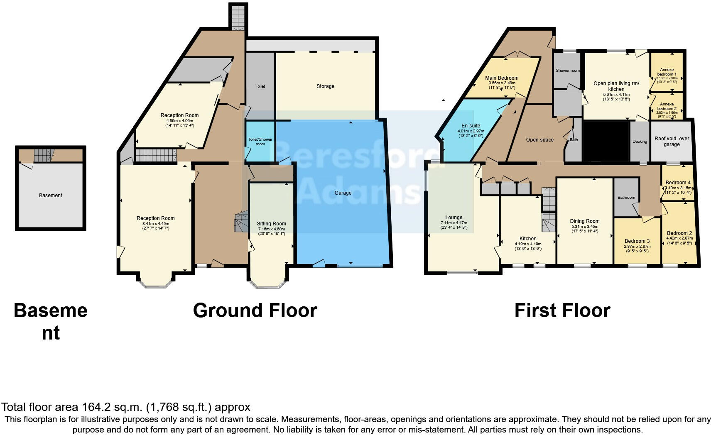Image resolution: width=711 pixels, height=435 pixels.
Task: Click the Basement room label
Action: (50, 195)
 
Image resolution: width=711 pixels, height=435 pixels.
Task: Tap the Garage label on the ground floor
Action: (343, 193)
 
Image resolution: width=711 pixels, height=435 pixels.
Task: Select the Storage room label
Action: (325, 86)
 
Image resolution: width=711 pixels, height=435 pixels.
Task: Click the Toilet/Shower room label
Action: (260, 142)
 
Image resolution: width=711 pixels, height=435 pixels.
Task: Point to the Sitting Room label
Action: (271, 224)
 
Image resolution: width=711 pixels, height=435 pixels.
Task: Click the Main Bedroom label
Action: (502, 78)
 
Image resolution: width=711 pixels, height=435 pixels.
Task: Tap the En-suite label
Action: (471, 126)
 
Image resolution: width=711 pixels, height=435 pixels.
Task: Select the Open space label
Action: (539, 140)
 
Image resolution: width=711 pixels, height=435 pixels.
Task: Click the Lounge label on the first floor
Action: (454, 217)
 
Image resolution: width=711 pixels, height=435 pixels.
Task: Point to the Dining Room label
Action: (584, 221)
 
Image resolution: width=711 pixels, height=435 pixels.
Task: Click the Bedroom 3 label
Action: (637, 241)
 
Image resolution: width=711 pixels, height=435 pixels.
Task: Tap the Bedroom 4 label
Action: (678, 183)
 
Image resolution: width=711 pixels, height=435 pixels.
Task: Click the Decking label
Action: (640, 142)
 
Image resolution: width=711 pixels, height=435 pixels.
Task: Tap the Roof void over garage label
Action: (671, 142)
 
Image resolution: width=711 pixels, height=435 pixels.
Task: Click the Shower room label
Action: (567, 71)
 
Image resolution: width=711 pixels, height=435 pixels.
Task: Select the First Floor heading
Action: (562, 310)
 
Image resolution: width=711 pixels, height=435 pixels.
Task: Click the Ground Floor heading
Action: (255, 310)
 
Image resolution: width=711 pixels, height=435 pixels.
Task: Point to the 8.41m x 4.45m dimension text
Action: (156, 223)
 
